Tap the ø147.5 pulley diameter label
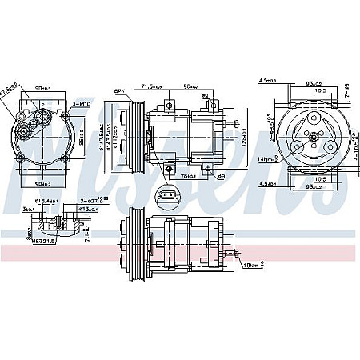[x=102, y=131]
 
